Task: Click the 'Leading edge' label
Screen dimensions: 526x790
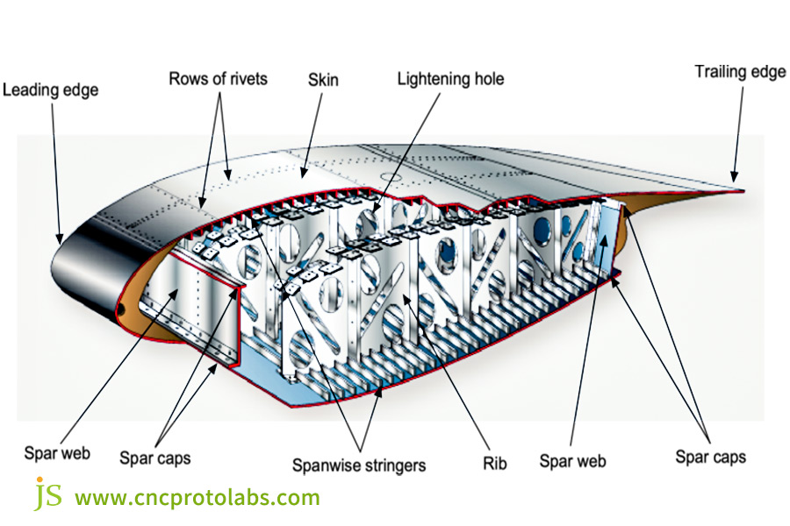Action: [50, 89]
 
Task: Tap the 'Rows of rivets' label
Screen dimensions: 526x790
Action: [218, 79]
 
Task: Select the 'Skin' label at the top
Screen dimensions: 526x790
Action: [323, 80]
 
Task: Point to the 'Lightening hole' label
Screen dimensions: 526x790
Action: [450, 79]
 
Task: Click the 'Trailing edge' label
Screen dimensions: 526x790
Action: [740, 72]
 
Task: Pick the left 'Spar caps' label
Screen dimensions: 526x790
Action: [154, 458]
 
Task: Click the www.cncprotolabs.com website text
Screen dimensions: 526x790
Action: [197, 498]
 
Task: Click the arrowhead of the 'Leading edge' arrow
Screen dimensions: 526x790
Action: [61, 240]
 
